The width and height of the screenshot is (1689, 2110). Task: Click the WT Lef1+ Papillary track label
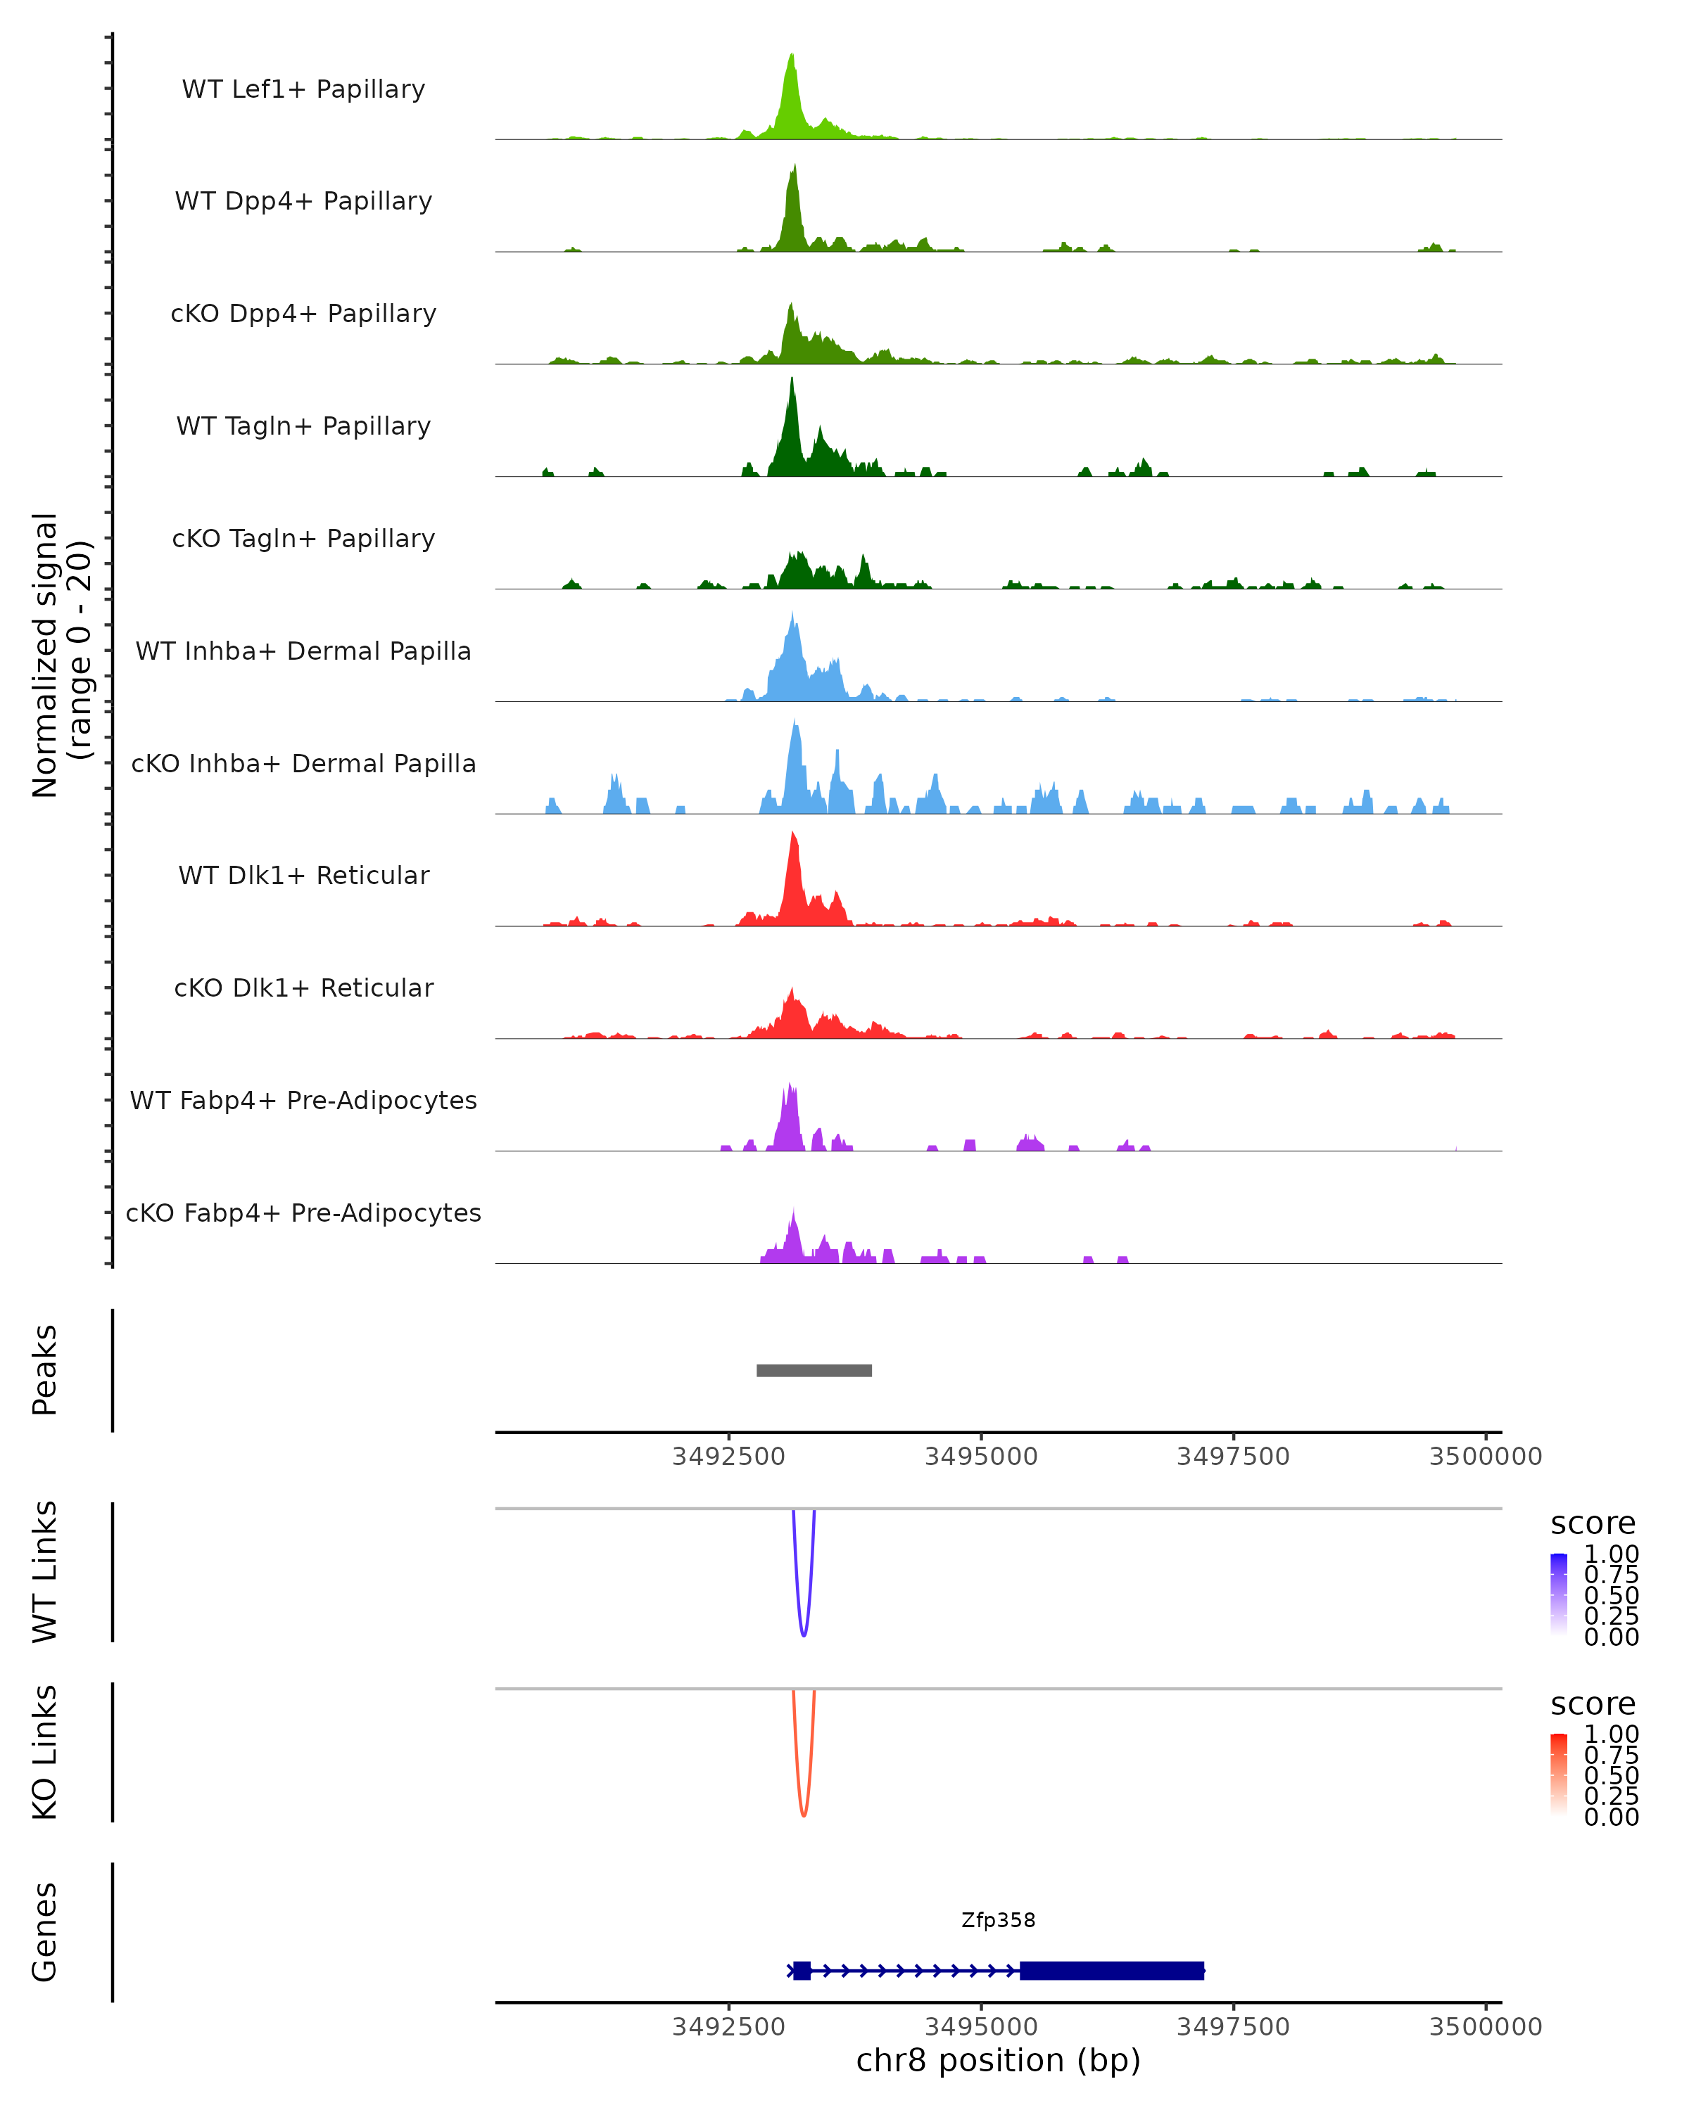(x=303, y=89)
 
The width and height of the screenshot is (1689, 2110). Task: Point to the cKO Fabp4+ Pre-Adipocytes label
(x=303, y=1213)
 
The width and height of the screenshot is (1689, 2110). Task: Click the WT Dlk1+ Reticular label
(x=303, y=875)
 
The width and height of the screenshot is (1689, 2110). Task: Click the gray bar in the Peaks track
(x=814, y=1370)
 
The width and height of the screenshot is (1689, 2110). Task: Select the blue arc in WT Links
(x=804, y=1635)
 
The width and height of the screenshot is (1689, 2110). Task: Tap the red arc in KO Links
(x=804, y=1815)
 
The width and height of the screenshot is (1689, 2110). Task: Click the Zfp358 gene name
(x=998, y=1920)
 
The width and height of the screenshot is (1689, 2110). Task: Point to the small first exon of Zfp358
(x=802, y=1970)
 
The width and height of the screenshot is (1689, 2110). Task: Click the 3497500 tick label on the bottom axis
(x=1233, y=2027)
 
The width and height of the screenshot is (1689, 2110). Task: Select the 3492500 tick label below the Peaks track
(x=728, y=1457)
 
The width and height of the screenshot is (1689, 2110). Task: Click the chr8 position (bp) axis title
(x=998, y=2061)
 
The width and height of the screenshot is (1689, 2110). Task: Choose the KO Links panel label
(x=45, y=1752)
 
